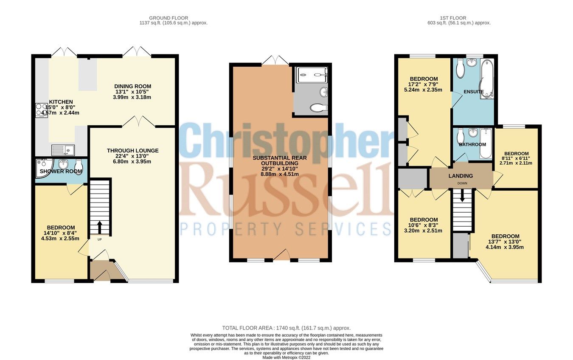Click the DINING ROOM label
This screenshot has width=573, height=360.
(x=132, y=86)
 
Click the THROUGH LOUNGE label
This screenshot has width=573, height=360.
(x=132, y=150)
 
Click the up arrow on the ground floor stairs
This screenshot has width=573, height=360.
(x=100, y=227)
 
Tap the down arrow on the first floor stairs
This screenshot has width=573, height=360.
(x=462, y=197)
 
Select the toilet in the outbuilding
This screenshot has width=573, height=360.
(x=319, y=108)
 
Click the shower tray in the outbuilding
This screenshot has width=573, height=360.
(x=312, y=75)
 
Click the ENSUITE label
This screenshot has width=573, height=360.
(x=473, y=91)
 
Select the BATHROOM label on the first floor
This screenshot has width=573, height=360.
(x=472, y=144)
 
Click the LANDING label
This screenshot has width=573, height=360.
(x=461, y=176)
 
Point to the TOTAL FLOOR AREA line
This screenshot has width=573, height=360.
(x=286, y=328)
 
